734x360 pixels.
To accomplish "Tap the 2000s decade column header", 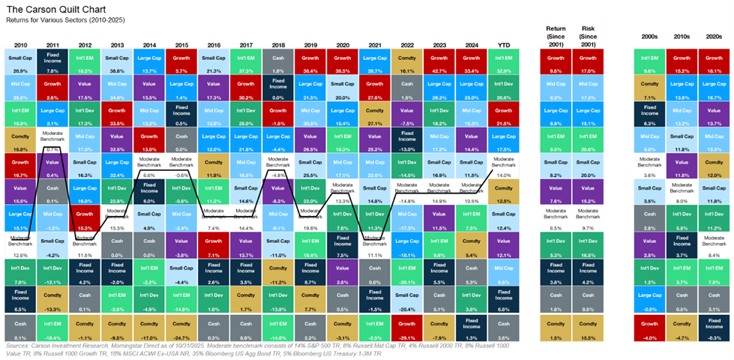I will [x=649, y=35].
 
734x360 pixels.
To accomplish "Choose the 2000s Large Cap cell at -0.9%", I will [x=649, y=300].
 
